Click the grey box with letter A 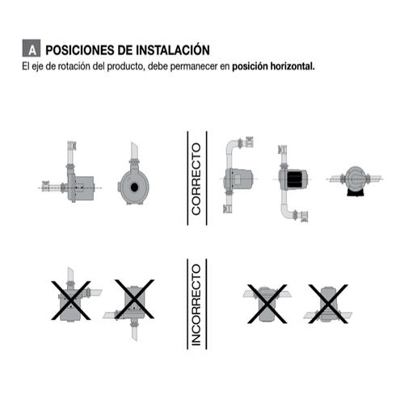click(32, 48)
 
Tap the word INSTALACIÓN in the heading click(173, 49)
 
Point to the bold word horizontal click(292, 66)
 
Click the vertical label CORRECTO click(196, 179)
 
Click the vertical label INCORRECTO click(196, 305)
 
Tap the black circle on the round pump click(134, 187)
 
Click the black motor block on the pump click(295, 179)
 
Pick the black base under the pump click(356, 192)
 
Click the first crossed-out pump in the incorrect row click(71, 301)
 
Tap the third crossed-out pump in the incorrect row click(267, 304)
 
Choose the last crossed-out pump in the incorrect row click(328, 304)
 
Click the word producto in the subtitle click(124, 66)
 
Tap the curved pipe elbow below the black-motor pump click(286, 212)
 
